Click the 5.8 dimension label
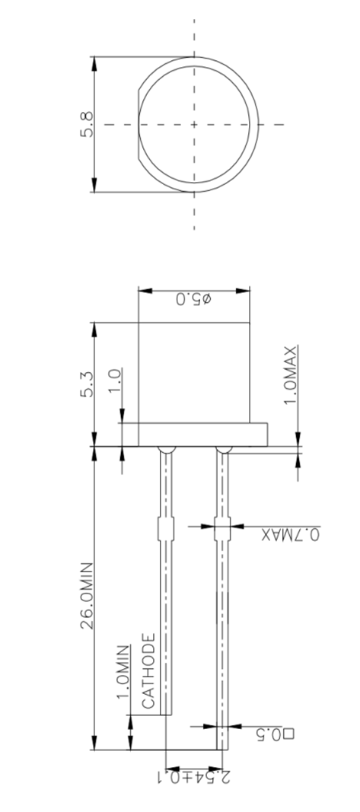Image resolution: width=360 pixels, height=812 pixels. point(87,125)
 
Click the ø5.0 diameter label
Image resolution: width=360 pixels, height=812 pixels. point(194,300)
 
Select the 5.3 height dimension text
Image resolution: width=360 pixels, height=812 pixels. point(88,385)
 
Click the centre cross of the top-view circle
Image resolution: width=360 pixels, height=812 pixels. point(193,124)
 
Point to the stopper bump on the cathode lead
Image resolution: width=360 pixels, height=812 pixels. point(165,527)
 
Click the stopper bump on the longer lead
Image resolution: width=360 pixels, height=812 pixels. point(221,527)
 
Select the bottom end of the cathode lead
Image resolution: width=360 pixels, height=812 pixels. point(165,714)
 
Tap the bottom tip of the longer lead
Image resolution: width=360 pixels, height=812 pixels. point(221,748)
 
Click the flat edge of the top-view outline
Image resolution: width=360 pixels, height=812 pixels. point(139,124)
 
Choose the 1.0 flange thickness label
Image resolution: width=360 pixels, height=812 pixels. point(115,378)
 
